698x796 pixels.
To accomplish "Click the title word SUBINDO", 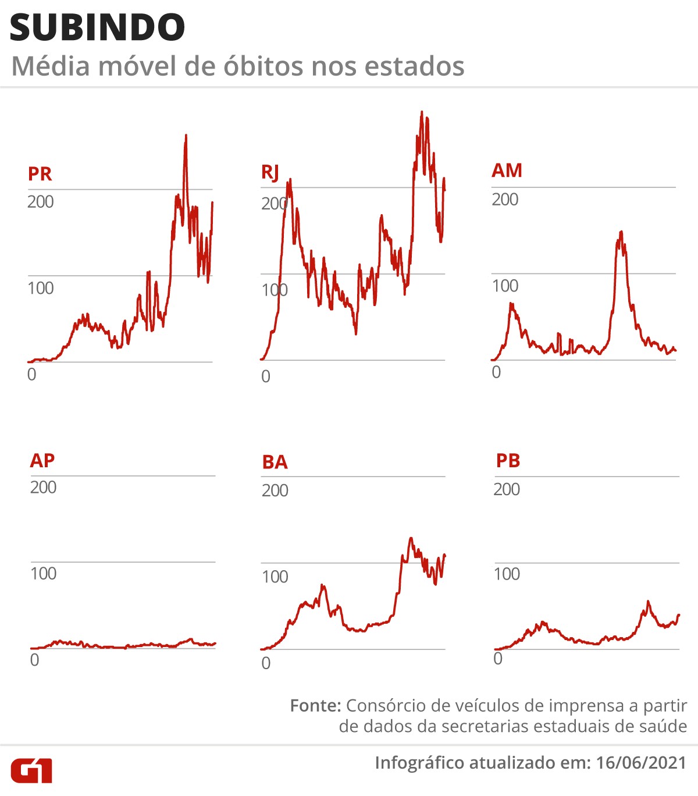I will click(97, 28).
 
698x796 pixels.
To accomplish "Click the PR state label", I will click(40, 174).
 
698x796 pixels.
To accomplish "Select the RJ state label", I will click(270, 173).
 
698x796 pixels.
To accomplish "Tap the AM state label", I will click(507, 170).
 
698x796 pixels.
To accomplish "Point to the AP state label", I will click(42, 460).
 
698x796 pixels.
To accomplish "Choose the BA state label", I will click(275, 462).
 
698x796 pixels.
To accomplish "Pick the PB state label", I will click(508, 461).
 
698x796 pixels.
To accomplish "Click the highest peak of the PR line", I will click(186, 136).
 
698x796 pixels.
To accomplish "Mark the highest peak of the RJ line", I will click(422, 112).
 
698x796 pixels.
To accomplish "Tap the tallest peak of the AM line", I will click(621, 232).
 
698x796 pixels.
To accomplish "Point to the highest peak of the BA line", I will click(411, 538).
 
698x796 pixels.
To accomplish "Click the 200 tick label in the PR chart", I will click(40, 202).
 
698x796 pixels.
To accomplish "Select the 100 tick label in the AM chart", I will click(505, 286).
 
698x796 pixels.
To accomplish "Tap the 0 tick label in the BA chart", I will click(266, 663).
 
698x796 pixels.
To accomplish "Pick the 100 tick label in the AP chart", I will click(43, 574).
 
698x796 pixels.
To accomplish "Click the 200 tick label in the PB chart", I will click(507, 489).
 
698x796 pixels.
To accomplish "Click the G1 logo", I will click(31, 770).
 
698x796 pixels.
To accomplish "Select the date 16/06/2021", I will click(641, 763).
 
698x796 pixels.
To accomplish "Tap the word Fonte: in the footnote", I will click(315, 706).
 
